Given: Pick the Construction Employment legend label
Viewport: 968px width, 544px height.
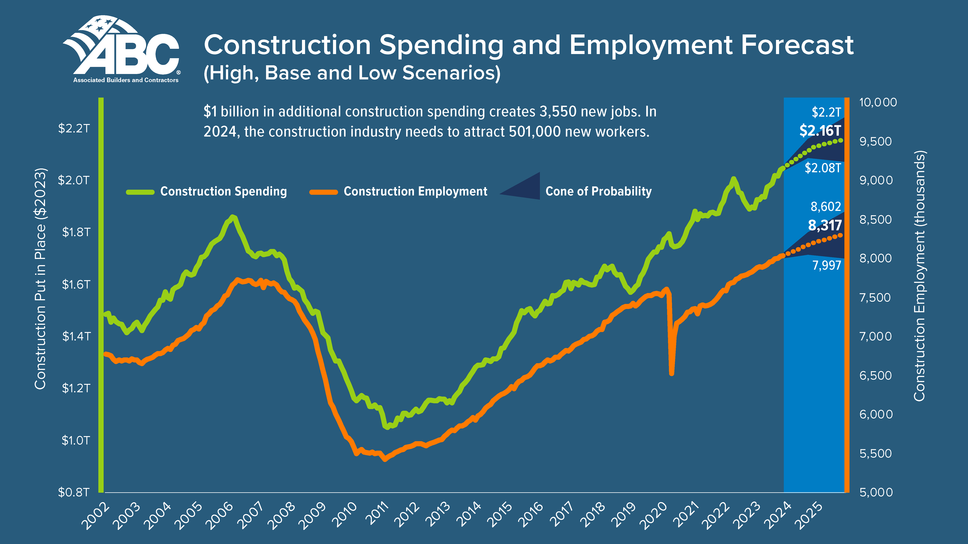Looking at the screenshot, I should pyautogui.click(x=415, y=191).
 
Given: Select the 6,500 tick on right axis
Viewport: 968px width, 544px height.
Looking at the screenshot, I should pyautogui.click(x=876, y=375).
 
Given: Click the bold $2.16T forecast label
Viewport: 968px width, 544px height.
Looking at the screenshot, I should pyautogui.click(x=820, y=131).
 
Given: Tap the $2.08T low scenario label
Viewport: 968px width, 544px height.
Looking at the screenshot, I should pyautogui.click(x=823, y=168).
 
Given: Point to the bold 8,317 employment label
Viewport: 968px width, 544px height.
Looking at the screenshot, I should pyautogui.click(x=825, y=225).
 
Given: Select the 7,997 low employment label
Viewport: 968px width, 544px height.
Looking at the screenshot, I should pyautogui.click(x=826, y=265).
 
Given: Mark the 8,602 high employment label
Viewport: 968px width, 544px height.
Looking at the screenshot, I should pyautogui.click(x=826, y=207).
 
